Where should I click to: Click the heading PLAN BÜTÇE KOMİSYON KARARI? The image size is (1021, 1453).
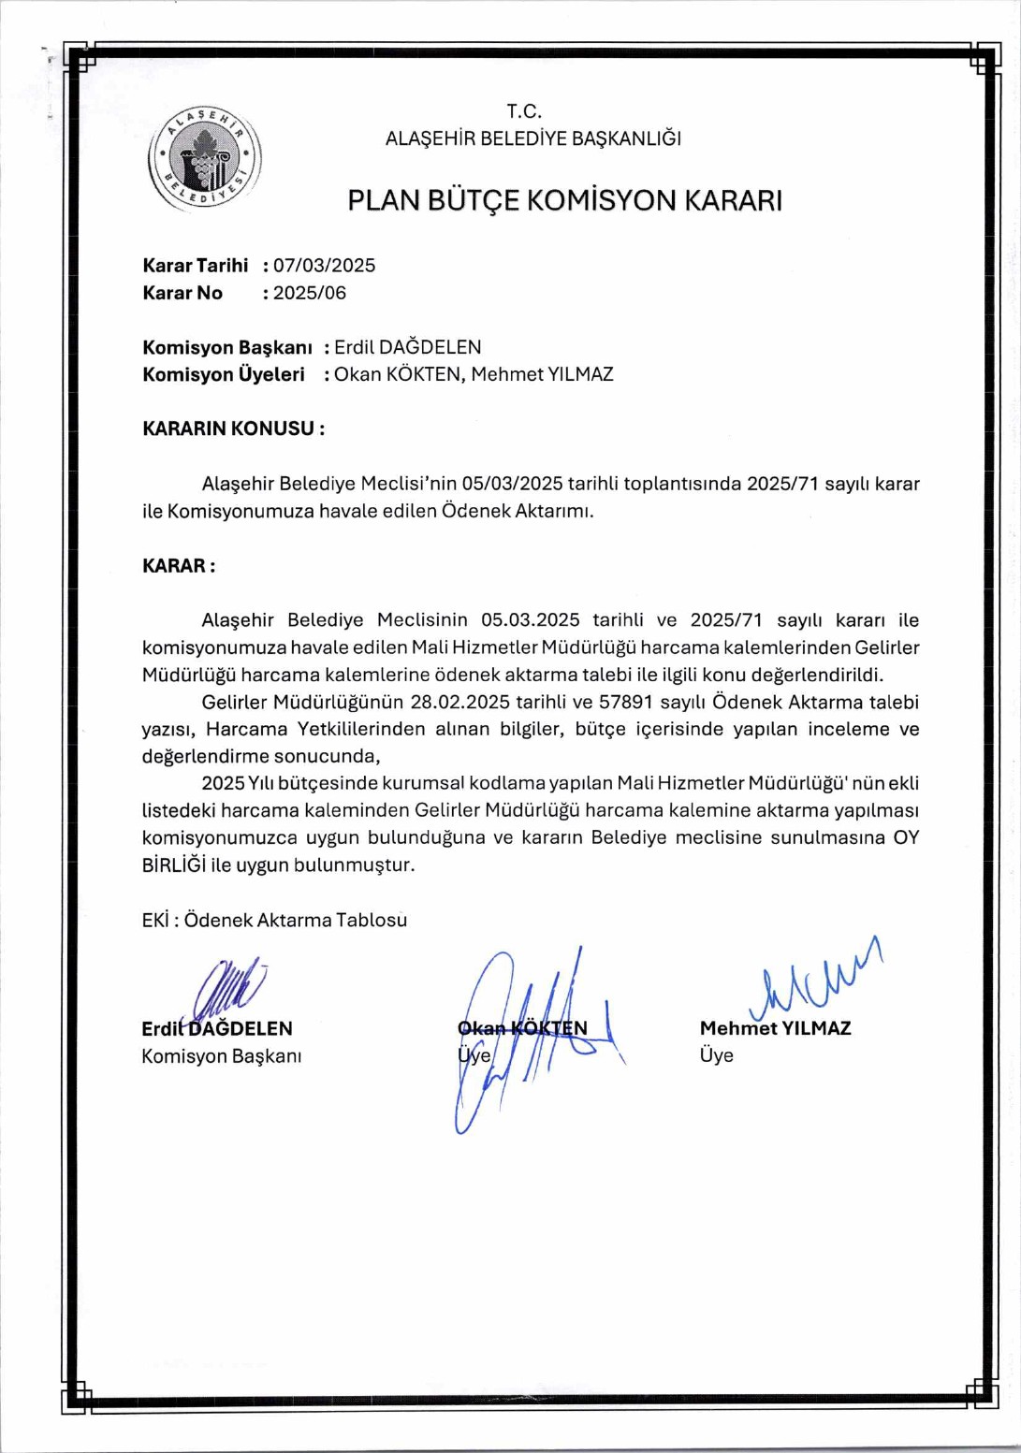coord(564,200)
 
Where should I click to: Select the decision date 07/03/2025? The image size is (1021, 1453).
coord(324,266)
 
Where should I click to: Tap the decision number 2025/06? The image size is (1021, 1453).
coord(309,293)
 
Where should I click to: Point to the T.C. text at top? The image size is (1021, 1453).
coord(524,111)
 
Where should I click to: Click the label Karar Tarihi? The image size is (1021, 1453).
coord(195,266)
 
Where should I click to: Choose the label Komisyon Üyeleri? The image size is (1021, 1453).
coord(223,374)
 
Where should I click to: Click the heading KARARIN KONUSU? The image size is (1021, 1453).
coord(233,429)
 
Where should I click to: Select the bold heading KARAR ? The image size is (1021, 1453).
coord(179,566)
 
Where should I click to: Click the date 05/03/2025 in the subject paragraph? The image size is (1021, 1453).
coord(512,484)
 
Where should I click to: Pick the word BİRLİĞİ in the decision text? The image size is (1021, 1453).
coord(173,865)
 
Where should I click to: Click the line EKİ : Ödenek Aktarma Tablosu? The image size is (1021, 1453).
coord(274,920)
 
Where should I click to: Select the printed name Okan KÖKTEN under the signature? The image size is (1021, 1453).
coord(522,1028)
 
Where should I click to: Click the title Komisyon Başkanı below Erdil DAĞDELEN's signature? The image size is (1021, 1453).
coord(221,1055)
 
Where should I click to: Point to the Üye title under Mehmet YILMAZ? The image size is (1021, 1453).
coord(716,1055)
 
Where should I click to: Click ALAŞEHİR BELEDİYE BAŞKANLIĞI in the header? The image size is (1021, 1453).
coord(532,138)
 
